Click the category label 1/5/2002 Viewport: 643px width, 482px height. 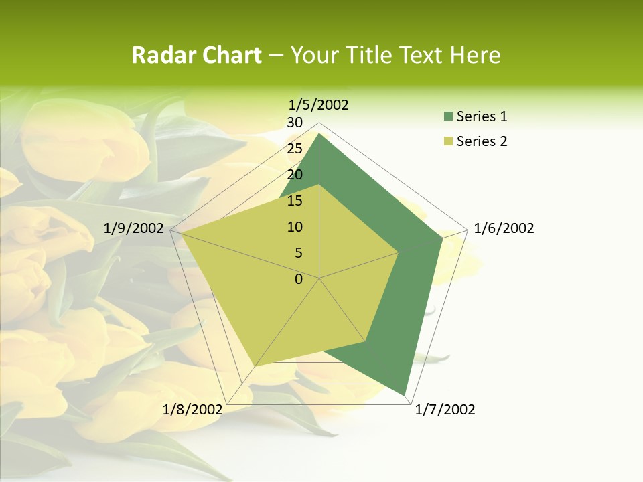click(319, 104)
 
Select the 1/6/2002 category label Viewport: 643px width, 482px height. click(504, 228)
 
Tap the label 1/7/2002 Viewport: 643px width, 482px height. click(445, 410)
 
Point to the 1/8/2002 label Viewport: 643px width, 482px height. click(192, 410)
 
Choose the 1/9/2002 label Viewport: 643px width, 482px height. click(133, 228)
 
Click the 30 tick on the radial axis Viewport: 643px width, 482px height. click(295, 123)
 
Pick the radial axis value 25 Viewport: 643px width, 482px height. click(295, 149)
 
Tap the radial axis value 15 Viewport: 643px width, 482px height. click(295, 201)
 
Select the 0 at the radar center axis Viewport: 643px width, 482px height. click(299, 279)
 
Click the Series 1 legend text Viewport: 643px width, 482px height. click(482, 116)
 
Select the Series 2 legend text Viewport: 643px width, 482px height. click(482, 141)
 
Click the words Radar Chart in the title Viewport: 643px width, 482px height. click(196, 55)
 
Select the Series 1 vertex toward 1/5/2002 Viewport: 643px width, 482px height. click(319, 133)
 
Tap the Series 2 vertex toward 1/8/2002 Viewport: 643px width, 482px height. click(255, 366)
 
